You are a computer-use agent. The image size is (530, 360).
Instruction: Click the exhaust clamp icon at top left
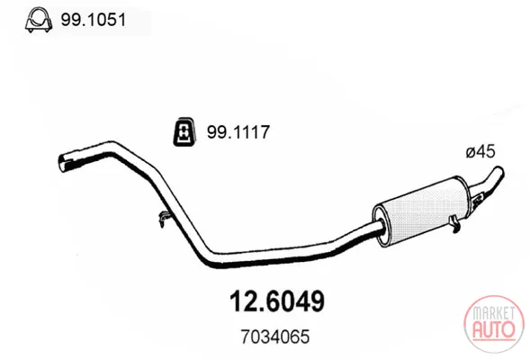tap(39, 21)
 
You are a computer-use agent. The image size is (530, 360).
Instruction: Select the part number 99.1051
tap(93, 20)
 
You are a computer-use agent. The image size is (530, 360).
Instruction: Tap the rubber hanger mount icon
tap(184, 131)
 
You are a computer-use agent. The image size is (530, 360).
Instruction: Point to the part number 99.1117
tap(238, 131)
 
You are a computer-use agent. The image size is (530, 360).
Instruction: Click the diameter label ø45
tap(481, 151)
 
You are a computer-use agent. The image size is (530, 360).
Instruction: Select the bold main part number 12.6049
tap(277, 301)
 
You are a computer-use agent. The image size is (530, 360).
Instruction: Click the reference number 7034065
tap(274, 337)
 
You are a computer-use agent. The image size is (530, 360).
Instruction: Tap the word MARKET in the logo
tap(494, 313)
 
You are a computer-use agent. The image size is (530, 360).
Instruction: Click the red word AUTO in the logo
tap(494, 328)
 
